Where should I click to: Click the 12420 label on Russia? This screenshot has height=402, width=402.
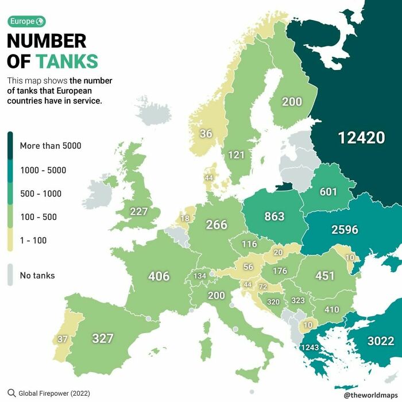361,138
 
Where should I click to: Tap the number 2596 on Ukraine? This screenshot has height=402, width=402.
345,230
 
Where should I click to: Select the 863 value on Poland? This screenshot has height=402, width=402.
274,217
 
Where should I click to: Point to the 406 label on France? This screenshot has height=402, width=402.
159,276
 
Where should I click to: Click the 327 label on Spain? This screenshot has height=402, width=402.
103,338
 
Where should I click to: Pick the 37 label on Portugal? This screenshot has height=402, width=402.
63,339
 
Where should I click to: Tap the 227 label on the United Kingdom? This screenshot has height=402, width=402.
139,211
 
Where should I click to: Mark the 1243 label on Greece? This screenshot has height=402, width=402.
310,347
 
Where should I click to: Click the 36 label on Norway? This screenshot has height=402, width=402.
206,134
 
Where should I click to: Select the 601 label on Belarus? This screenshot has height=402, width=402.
328,192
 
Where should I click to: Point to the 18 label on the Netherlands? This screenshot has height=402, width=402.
185,218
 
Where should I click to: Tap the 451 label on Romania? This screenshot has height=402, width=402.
324,276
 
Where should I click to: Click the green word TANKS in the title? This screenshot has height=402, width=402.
67,61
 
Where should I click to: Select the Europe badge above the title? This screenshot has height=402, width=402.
26,22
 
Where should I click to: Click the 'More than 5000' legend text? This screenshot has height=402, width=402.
51,146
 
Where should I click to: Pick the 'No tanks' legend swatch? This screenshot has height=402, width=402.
11,275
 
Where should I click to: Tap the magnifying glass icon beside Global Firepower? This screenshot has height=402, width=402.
11,393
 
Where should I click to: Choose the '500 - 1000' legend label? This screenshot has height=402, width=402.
41,194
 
